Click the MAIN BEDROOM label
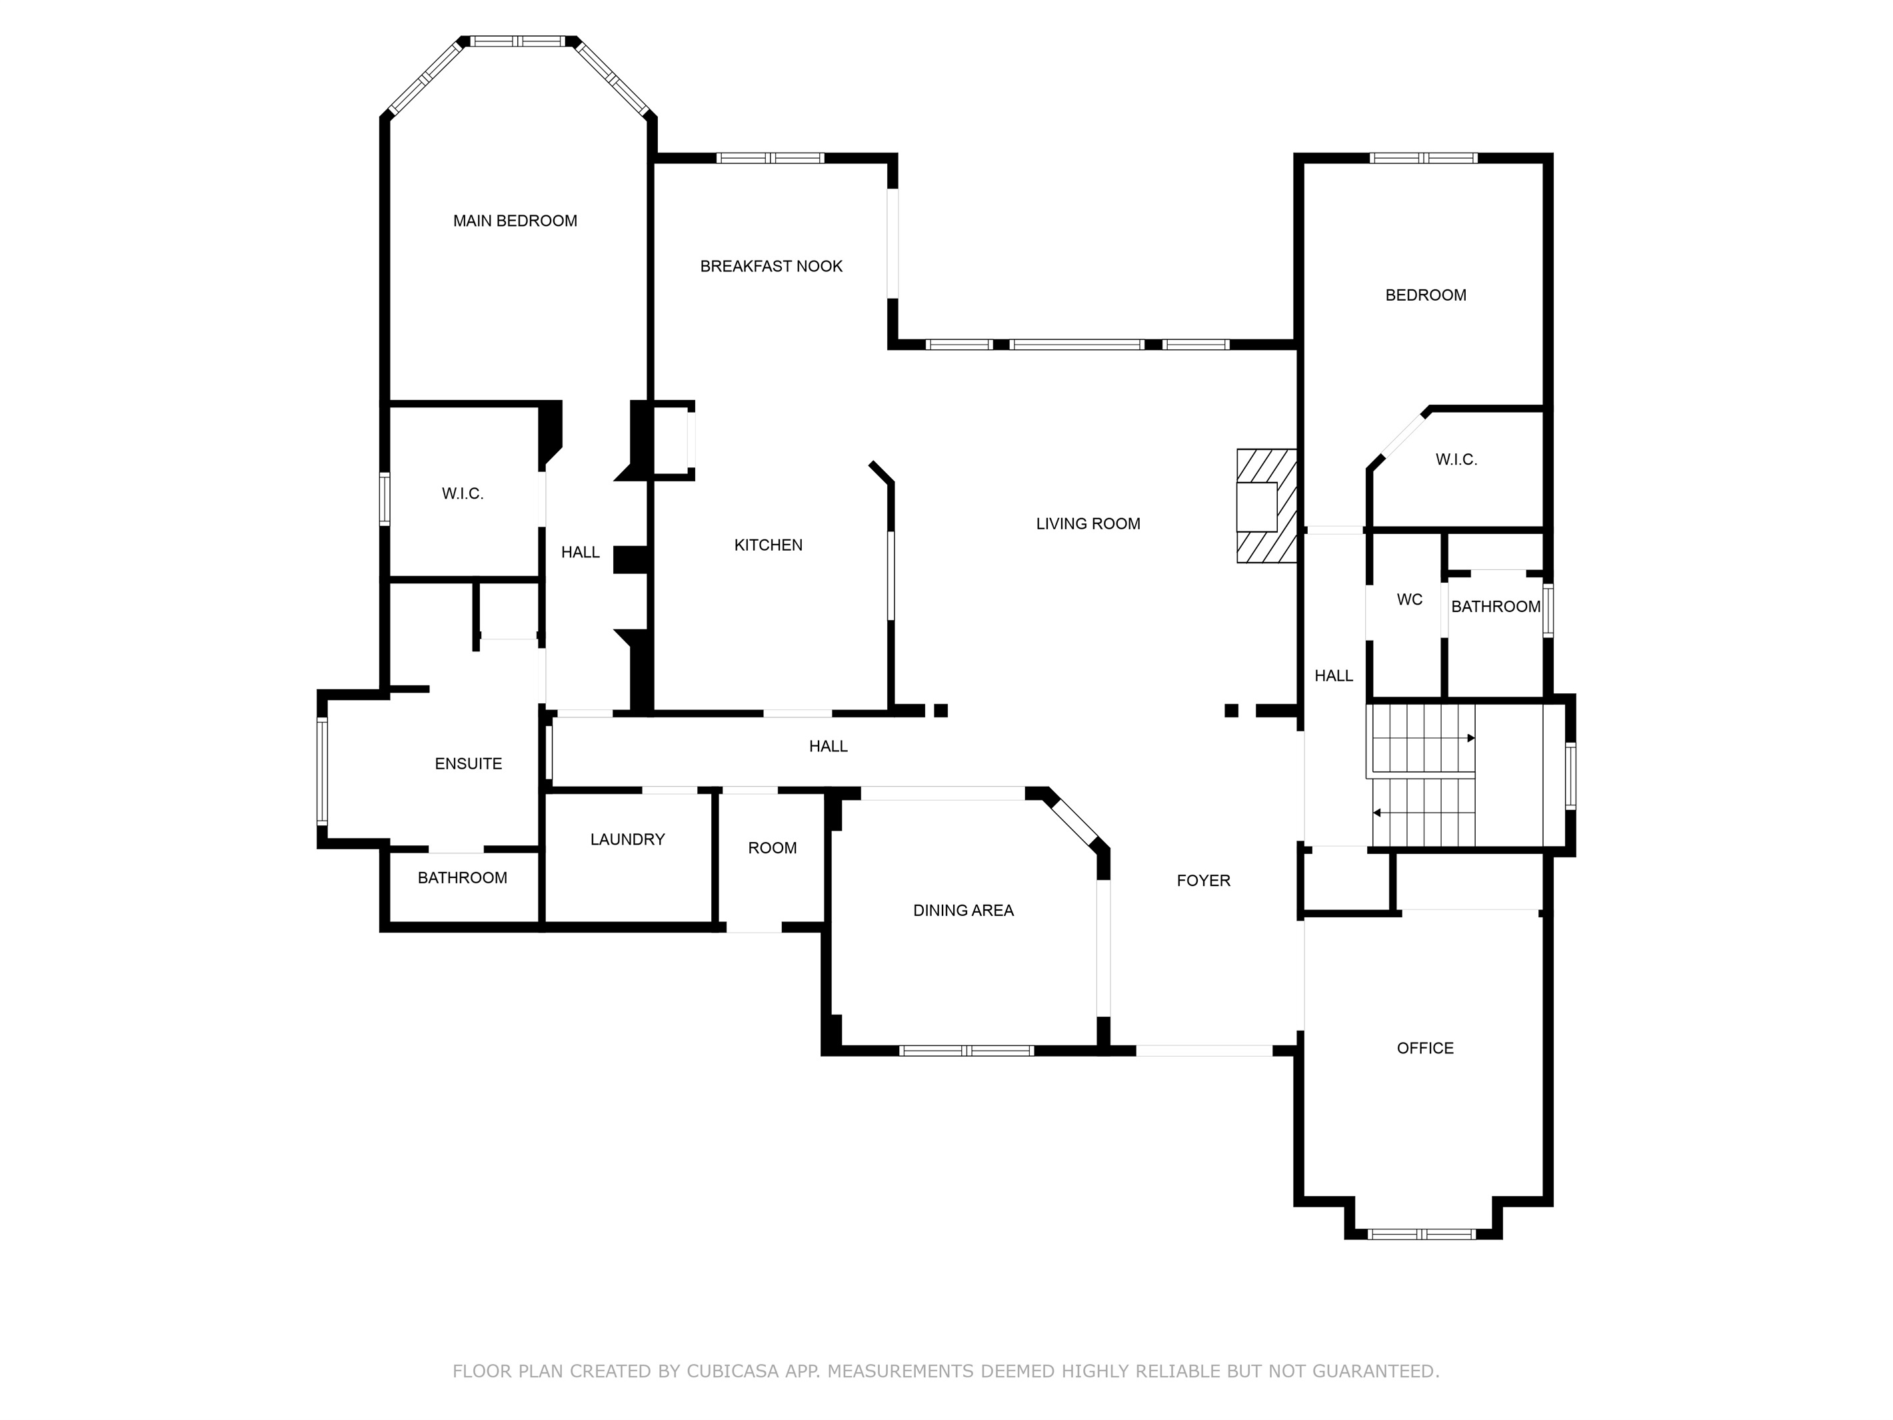[515, 221]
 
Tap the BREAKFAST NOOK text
[771, 266]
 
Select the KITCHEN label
[769, 545]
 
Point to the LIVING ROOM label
[1088, 524]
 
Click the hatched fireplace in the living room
[1266, 506]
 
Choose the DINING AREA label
[964, 911]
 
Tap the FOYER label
[1203, 881]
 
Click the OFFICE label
[1425, 1049]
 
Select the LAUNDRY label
[627, 840]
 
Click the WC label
[1410, 600]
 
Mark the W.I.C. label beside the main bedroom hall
[463, 494]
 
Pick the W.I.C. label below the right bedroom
[1456, 459]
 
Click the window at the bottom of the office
[1422, 1233]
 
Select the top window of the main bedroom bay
[518, 41]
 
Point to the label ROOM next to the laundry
[772, 848]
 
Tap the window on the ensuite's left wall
[323, 771]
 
